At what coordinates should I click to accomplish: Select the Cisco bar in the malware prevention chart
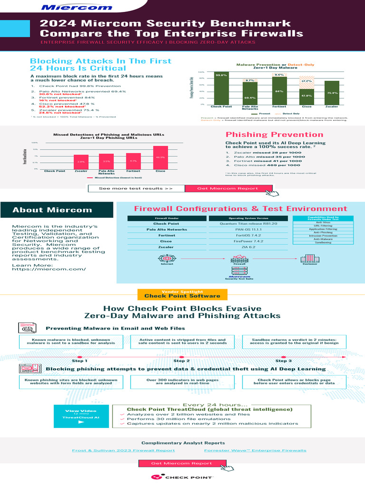point(307,96)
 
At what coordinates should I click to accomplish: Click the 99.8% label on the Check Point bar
point(221,75)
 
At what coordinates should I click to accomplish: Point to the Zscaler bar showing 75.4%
point(332,92)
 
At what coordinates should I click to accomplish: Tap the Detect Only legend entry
point(290,114)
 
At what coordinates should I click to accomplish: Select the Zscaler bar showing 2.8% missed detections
point(81,162)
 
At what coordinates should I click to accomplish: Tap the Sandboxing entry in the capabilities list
point(323,243)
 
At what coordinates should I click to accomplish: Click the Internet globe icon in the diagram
point(167,259)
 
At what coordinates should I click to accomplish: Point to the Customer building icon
point(310,258)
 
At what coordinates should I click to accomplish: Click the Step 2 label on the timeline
point(182,360)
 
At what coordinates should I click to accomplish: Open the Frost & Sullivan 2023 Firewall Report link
point(123,450)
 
